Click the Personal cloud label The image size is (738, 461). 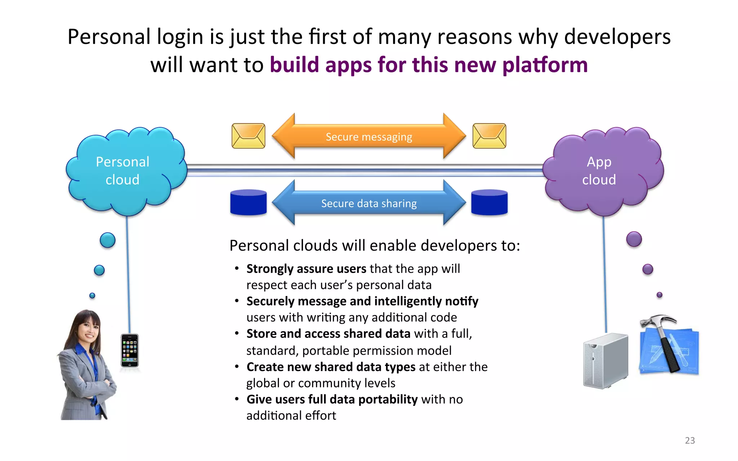click(123, 171)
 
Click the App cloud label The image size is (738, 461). click(599, 171)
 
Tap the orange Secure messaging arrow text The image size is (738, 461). click(369, 137)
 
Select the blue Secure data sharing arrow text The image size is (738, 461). click(369, 203)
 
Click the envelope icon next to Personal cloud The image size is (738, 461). click(248, 136)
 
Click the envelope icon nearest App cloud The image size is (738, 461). click(489, 136)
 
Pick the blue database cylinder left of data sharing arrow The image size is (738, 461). click(248, 202)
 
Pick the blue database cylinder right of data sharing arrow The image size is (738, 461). click(489, 202)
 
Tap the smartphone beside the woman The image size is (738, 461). click(130, 350)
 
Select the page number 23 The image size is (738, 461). click(690, 440)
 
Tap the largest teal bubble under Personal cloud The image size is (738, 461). click(107, 240)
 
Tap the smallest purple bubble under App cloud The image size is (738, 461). click(659, 295)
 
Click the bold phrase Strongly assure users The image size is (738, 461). click(306, 269)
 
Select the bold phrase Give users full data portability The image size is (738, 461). click(332, 399)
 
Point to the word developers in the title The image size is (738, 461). click(617, 37)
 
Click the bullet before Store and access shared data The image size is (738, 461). click(237, 334)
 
